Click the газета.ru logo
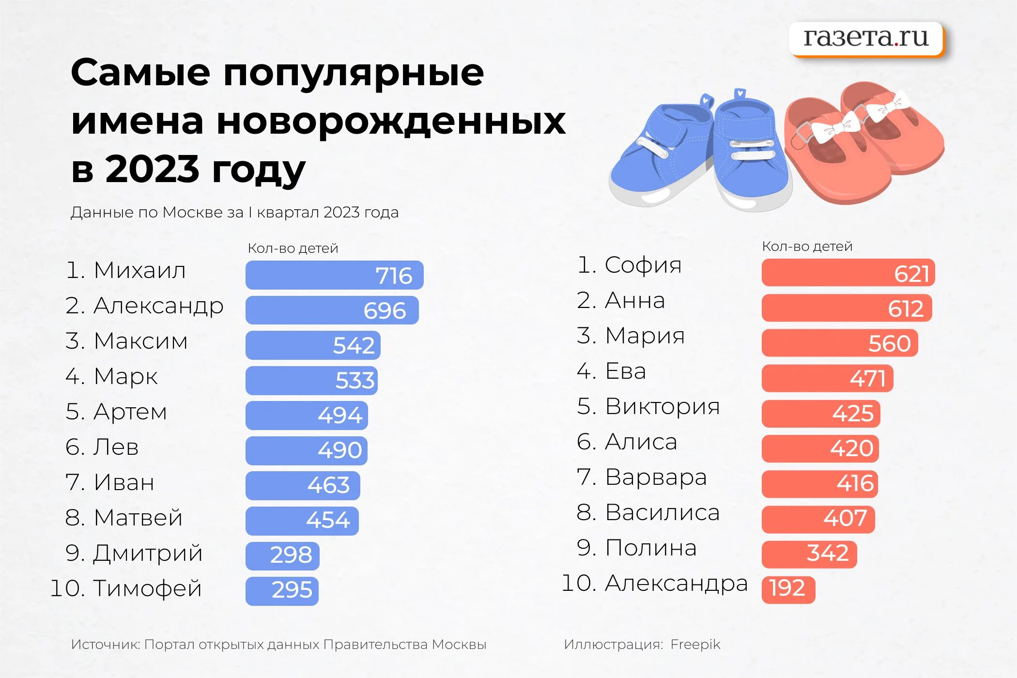click(866, 38)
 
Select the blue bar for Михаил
click(334, 275)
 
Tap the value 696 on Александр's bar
click(385, 310)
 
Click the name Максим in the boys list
click(140, 341)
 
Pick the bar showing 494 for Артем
click(307, 416)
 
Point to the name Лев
click(116, 447)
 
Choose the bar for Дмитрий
click(282, 555)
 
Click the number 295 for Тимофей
click(292, 590)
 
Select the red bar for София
click(848, 273)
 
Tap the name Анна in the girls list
click(635, 300)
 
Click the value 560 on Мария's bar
click(889, 344)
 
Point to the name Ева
click(626, 371)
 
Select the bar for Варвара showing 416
click(819, 484)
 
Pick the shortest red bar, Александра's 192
click(788, 589)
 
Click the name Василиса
click(662, 512)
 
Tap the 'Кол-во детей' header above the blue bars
click(293, 248)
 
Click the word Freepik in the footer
click(695, 645)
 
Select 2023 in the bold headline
click(152, 169)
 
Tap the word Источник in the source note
click(105, 645)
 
